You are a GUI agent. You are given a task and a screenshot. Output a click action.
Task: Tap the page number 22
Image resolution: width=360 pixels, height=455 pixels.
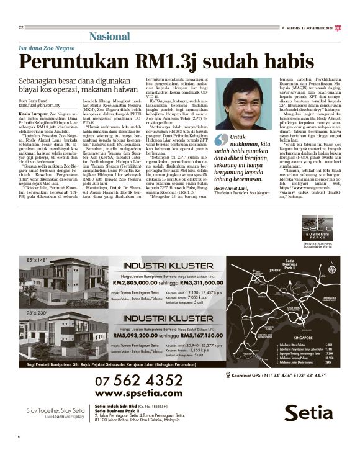(x=21, y=27)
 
